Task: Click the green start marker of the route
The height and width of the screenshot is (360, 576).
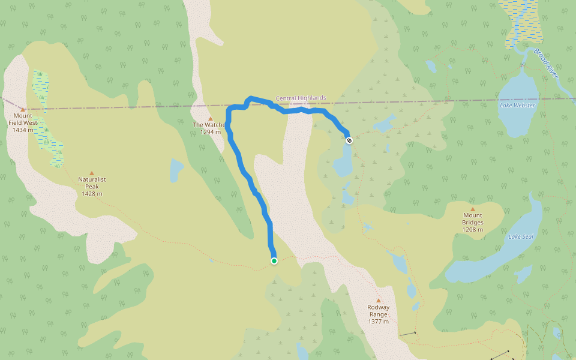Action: click(274, 260)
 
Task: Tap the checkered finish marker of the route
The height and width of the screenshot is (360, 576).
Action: click(349, 140)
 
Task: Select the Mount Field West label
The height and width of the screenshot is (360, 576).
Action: click(23, 119)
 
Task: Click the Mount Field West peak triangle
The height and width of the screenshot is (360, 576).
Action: click(23, 109)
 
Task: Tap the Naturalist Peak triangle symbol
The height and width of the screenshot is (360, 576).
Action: click(92, 173)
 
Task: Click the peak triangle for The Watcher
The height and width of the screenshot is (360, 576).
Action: click(210, 118)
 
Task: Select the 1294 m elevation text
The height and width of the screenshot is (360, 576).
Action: click(210, 132)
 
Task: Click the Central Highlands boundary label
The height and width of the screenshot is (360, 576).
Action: click(301, 98)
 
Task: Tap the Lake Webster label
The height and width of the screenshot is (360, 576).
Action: click(517, 106)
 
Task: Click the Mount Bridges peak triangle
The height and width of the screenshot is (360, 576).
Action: click(472, 209)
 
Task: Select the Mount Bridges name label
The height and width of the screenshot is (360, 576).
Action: click(472, 219)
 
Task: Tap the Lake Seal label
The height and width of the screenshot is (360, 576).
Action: click(521, 236)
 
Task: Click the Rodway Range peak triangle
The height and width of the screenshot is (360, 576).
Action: click(378, 301)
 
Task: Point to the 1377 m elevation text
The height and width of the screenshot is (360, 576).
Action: click(378, 322)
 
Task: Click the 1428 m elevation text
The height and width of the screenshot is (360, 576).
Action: click(92, 194)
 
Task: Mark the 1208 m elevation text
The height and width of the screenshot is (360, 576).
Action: click(472, 230)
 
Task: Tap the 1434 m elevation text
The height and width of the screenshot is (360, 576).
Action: click(23, 130)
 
